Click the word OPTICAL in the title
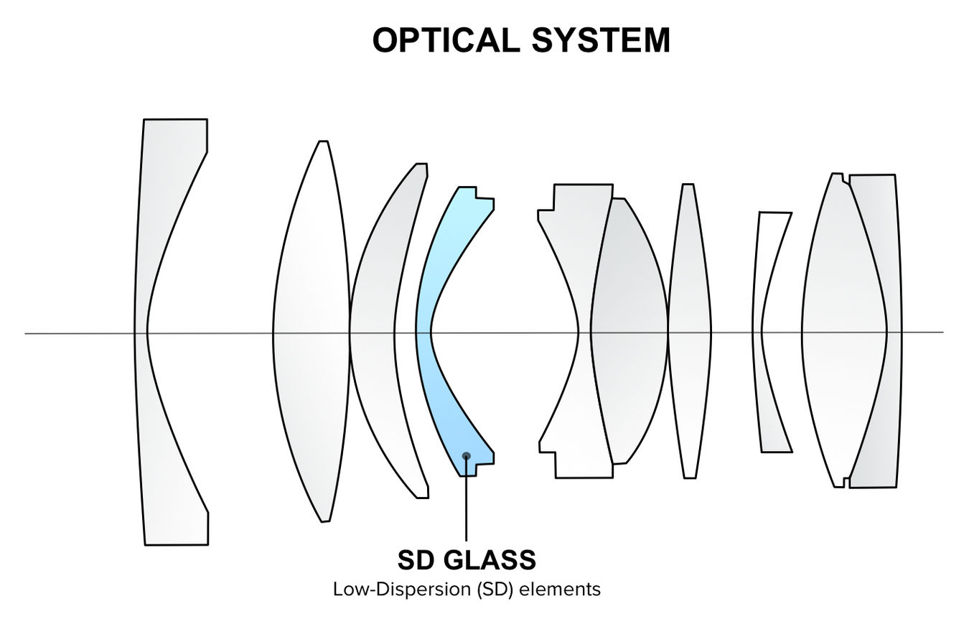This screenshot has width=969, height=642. point(446,40)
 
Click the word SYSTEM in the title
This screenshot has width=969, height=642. point(601,40)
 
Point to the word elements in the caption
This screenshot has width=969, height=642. point(560,590)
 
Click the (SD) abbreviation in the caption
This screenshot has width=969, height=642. point(495,590)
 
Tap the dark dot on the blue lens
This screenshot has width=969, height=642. point(467,455)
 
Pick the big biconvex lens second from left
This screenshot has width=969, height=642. point(312,332)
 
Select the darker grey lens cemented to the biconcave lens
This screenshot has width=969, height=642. point(629,332)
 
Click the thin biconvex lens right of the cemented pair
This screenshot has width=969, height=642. point(690,332)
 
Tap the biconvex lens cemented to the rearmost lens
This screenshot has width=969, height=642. point(843,332)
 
